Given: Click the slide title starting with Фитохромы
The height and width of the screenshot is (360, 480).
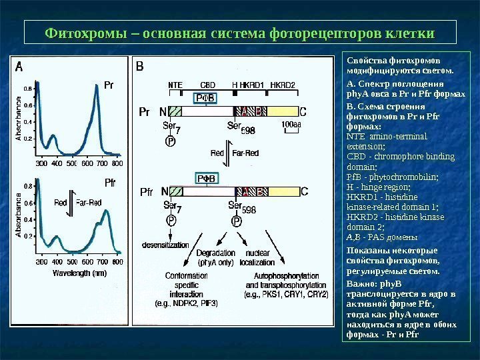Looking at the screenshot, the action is [239, 33].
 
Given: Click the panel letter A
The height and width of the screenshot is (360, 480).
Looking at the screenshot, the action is [19, 66].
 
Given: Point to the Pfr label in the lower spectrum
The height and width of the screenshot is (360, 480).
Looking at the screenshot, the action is [111, 182].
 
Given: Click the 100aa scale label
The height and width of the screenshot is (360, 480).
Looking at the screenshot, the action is [291, 125].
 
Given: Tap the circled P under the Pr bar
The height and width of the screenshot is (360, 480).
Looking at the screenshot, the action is [171, 141].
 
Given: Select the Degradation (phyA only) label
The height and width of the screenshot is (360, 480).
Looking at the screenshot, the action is [216, 258].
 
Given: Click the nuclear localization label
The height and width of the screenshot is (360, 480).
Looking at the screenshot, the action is [257, 258].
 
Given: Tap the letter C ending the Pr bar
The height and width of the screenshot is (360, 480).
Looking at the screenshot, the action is [303, 112].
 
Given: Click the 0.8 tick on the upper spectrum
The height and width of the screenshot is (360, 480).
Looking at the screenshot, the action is [28, 88].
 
